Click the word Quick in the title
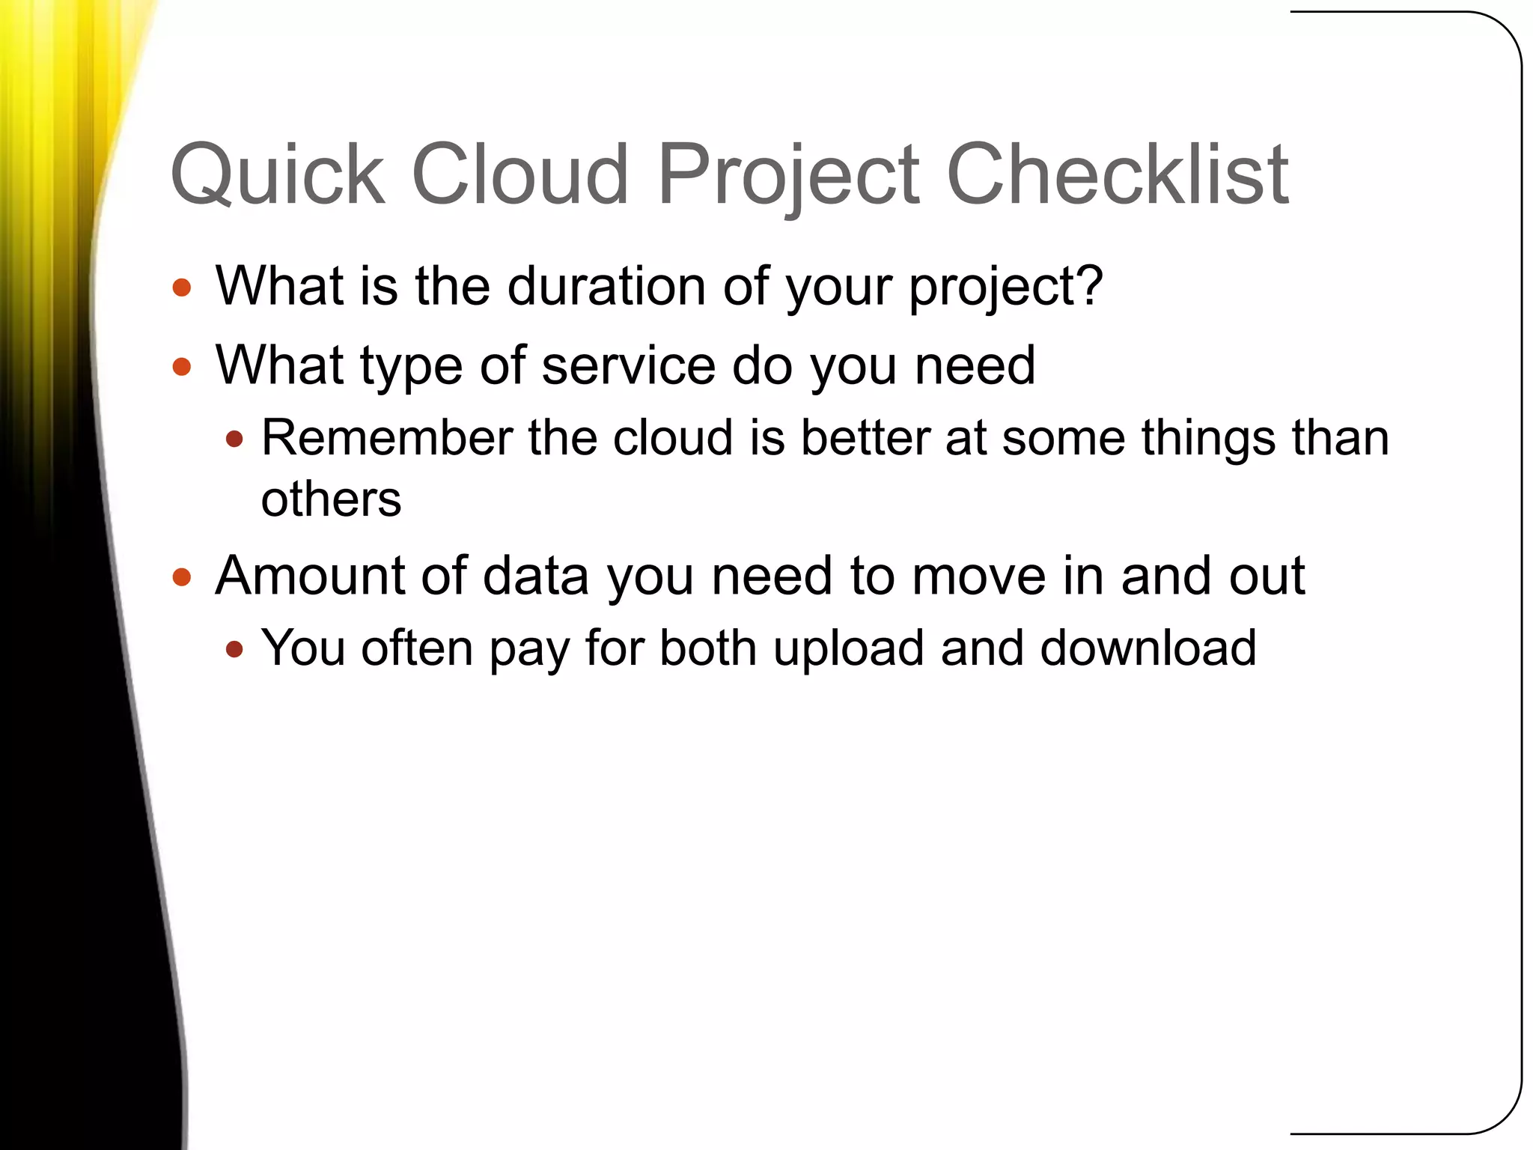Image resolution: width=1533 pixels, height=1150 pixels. [277, 176]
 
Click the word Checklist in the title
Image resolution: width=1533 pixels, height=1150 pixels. [1117, 176]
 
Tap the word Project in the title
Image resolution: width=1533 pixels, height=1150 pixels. [787, 176]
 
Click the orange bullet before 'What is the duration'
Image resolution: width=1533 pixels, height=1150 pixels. [182, 288]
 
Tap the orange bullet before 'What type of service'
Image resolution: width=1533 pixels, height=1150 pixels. [182, 367]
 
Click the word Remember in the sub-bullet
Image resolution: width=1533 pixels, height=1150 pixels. [386, 438]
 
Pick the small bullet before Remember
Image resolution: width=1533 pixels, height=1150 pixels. [234, 439]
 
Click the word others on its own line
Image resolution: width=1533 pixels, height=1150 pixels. [331, 500]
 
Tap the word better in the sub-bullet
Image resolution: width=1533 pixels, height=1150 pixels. [865, 438]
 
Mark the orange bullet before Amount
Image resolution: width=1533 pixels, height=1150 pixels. [182, 577]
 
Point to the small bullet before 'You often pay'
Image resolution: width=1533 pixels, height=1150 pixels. [234, 649]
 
